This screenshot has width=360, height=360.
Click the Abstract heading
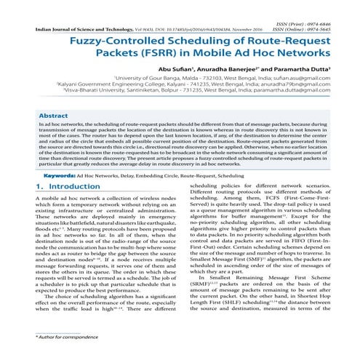54,116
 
